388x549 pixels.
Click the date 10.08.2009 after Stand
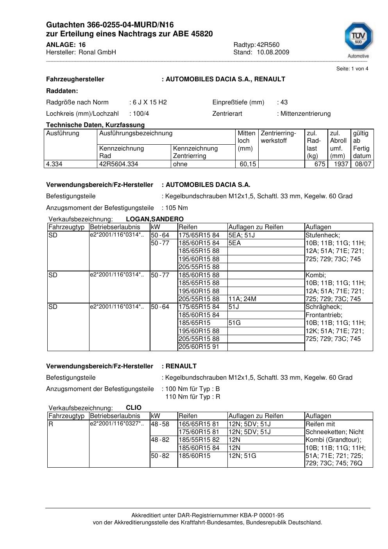point(273,52)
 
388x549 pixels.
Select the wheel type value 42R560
point(268,45)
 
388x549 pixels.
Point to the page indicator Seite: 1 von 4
point(352,69)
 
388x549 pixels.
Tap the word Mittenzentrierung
point(305,114)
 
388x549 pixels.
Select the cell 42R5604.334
point(119,164)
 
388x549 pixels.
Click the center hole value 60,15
point(248,164)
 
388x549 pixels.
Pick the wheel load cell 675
point(320,164)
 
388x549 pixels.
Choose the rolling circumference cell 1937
point(341,164)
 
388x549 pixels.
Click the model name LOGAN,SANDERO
point(155,219)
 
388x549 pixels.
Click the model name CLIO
point(134,407)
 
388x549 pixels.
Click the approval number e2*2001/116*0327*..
point(117,424)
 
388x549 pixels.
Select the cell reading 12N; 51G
point(242,456)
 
